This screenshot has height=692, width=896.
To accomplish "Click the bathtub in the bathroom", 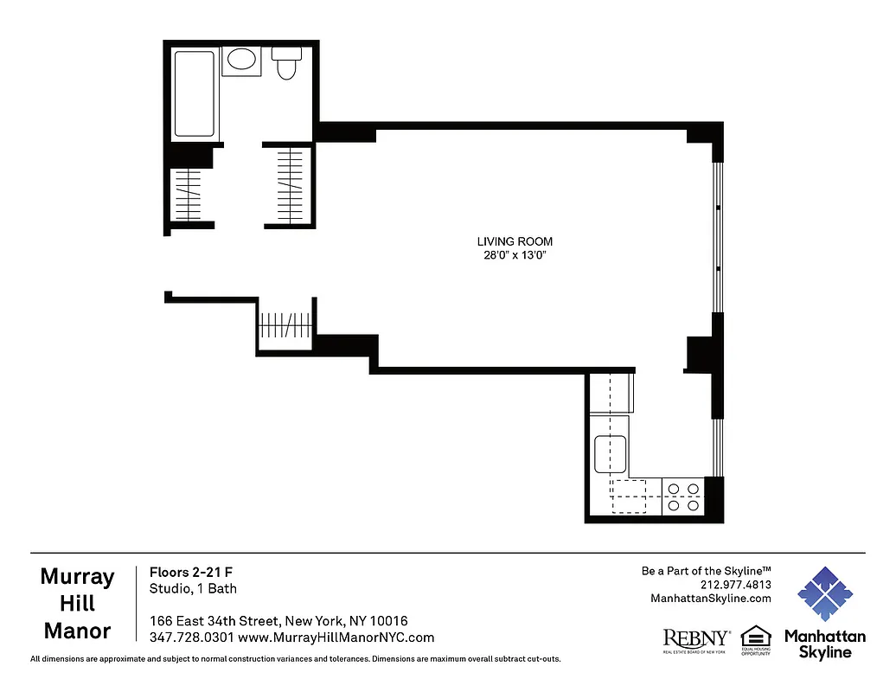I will (195, 93).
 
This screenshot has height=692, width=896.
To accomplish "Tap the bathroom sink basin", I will (241, 61).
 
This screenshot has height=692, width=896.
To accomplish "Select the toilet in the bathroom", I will (286, 64).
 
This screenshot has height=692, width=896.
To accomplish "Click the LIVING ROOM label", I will (515, 241).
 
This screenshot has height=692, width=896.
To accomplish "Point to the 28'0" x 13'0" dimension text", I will (515, 255).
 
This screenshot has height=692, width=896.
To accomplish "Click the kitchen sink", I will (611, 452).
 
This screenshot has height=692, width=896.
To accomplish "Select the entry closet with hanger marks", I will (285, 326).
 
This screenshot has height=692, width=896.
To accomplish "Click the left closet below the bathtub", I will (189, 195).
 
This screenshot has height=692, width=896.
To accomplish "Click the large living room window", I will (717, 238).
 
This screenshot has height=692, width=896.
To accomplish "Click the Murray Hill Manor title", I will (77, 604).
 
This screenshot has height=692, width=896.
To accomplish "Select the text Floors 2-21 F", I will (191, 572).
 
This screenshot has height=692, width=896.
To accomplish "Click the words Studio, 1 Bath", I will (193, 589).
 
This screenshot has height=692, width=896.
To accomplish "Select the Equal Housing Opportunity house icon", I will (755, 637).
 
